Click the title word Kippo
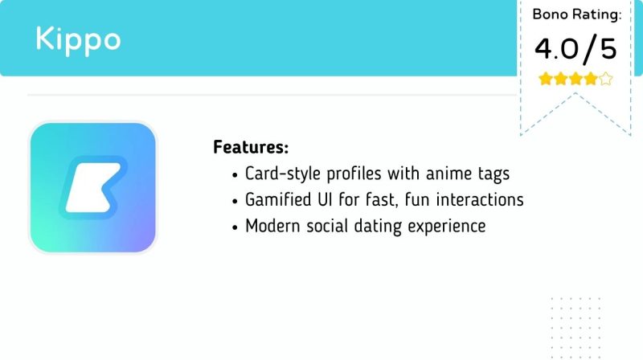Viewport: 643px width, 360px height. [x=78, y=39]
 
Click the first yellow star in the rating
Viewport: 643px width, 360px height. [x=545, y=79]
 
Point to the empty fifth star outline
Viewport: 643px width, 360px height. [x=606, y=79]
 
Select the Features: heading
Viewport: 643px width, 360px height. [x=251, y=148]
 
